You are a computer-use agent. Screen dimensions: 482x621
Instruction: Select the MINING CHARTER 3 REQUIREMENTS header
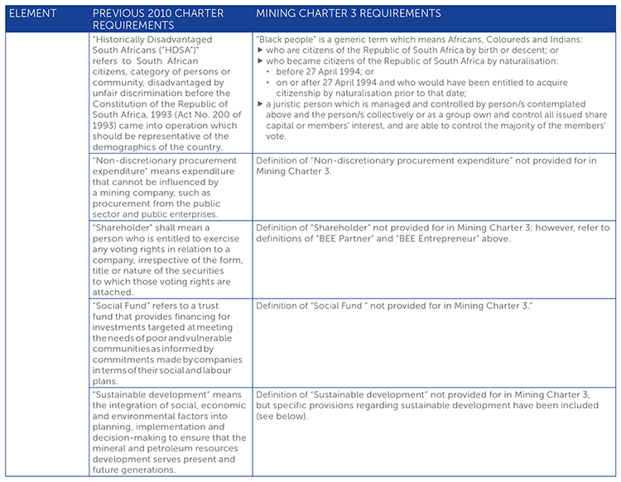point(349,14)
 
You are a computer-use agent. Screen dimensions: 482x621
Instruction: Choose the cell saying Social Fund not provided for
point(393,306)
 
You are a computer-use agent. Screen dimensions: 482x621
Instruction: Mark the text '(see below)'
point(282,417)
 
